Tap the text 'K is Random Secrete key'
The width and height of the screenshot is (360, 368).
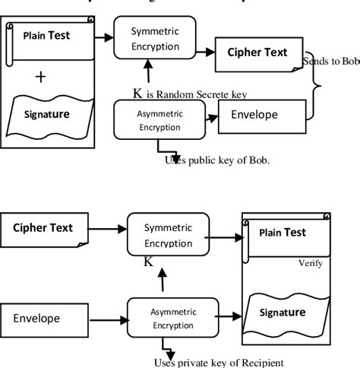[190, 94]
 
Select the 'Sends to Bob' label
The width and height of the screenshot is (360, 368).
[331, 59]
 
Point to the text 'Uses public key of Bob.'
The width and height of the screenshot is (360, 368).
[217, 160]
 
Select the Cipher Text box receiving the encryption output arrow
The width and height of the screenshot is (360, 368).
[258, 53]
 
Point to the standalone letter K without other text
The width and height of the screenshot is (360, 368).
[149, 262]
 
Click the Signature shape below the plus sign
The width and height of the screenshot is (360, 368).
[49, 114]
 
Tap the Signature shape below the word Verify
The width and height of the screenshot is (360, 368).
[284, 312]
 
